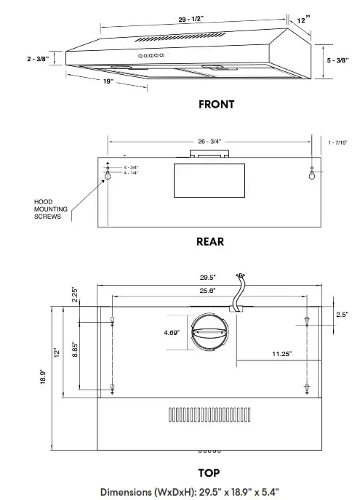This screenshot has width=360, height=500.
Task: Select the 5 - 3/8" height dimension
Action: pyautogui.click(x=337, y=60)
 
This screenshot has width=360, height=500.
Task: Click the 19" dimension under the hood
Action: pyautogui.click(x=108, y=81)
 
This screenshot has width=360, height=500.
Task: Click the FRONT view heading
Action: pyautogui.click(x=216, y=104)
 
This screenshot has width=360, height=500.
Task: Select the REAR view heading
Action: pyautogui.click(x=210, y=241)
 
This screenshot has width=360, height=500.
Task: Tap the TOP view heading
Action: pyautogui.click(x=209, y=472)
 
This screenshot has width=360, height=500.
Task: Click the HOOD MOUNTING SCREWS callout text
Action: pyautogui.click(x=53, y=209)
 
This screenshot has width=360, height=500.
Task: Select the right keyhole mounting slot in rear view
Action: pyautogui.click(x=313, y=175)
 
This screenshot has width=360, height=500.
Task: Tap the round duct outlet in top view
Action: pyautogui.click(x=210, y=334)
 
